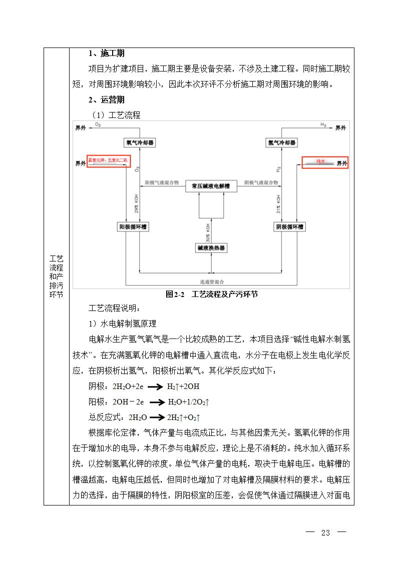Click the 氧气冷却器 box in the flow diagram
[140, 142]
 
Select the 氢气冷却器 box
[281, 142]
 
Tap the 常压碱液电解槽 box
[211, 186]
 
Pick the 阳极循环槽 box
[133, 226]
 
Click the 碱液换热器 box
[211, 247]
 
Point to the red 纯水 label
[321, 162]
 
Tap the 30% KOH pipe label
[207, 231]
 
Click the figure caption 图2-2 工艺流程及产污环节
[212, 294]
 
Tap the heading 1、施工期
[107, 53]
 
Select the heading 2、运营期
[107, 99]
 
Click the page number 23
[326, 532]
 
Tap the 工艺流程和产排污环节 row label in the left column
[56, 276]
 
